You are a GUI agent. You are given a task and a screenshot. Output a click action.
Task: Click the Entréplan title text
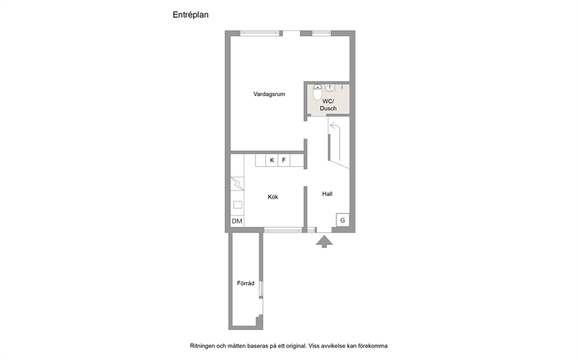click(x=191, y=15)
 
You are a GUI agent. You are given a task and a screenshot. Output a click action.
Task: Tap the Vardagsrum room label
click(x=269, y=94)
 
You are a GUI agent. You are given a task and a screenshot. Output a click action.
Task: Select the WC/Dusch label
click(x=328, y=105)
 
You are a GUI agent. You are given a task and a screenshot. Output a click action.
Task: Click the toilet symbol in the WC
click(x=318, y=92)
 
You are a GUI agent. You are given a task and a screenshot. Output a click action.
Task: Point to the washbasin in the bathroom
click(x=330, y=88)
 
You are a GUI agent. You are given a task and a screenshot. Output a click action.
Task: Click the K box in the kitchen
click(x=272, y=160)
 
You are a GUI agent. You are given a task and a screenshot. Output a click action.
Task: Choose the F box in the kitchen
click(x=284, y=160)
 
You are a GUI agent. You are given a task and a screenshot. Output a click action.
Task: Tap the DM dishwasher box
click(x=237, y=221)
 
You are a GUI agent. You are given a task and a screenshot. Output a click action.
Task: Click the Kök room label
click(x=273, y=197)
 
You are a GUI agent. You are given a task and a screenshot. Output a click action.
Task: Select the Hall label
click(x=327, y=194)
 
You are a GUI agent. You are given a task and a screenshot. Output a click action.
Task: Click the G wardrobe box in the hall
click(x=343, y=220)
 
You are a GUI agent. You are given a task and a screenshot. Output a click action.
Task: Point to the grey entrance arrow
click(x=325, y=242)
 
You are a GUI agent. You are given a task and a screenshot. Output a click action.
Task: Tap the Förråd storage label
click(x=245, y=283)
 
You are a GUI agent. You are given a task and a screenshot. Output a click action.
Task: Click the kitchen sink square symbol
click(x=238, y=204)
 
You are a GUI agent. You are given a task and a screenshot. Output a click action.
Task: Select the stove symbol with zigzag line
click(x=237, y=183)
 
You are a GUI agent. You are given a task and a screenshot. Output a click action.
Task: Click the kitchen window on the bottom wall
click(x=283, y=231)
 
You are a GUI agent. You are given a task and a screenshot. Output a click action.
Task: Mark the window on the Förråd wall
click(x=261, y=290)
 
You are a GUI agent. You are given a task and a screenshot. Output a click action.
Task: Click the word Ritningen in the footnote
click(x=202, y=346)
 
